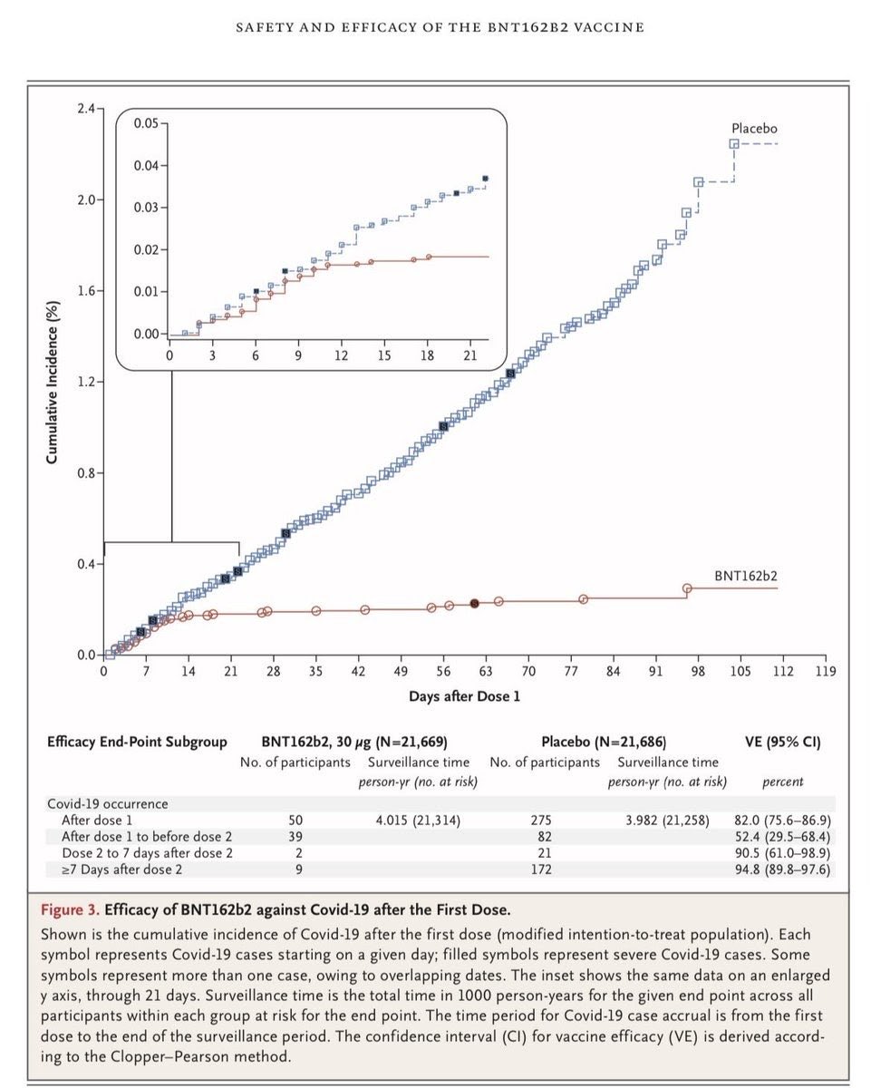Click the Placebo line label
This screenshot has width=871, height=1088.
754,129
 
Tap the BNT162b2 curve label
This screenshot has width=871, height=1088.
745,575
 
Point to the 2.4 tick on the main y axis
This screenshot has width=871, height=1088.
85,109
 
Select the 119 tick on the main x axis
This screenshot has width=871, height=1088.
825,671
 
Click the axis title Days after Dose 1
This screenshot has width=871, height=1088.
464,696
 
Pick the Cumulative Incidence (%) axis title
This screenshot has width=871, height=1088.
53,381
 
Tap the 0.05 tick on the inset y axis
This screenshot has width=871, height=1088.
144,122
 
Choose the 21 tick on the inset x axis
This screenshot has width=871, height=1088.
469,355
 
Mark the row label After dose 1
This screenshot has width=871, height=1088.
104,820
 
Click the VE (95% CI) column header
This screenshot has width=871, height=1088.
783,742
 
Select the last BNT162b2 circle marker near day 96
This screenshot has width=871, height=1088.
687,588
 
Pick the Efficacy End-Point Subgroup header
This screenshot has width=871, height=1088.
137,742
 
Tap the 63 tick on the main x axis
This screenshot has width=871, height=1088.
486,671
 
